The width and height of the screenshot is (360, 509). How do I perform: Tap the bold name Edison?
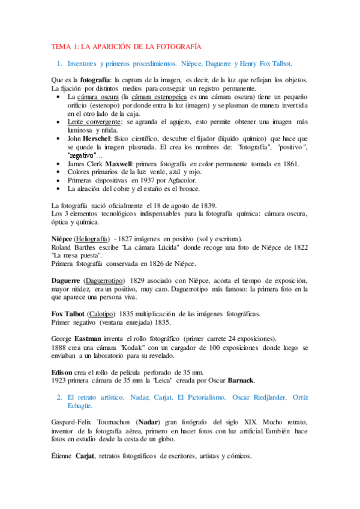[62, 372]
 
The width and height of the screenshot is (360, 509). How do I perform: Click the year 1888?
[60, 348]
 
